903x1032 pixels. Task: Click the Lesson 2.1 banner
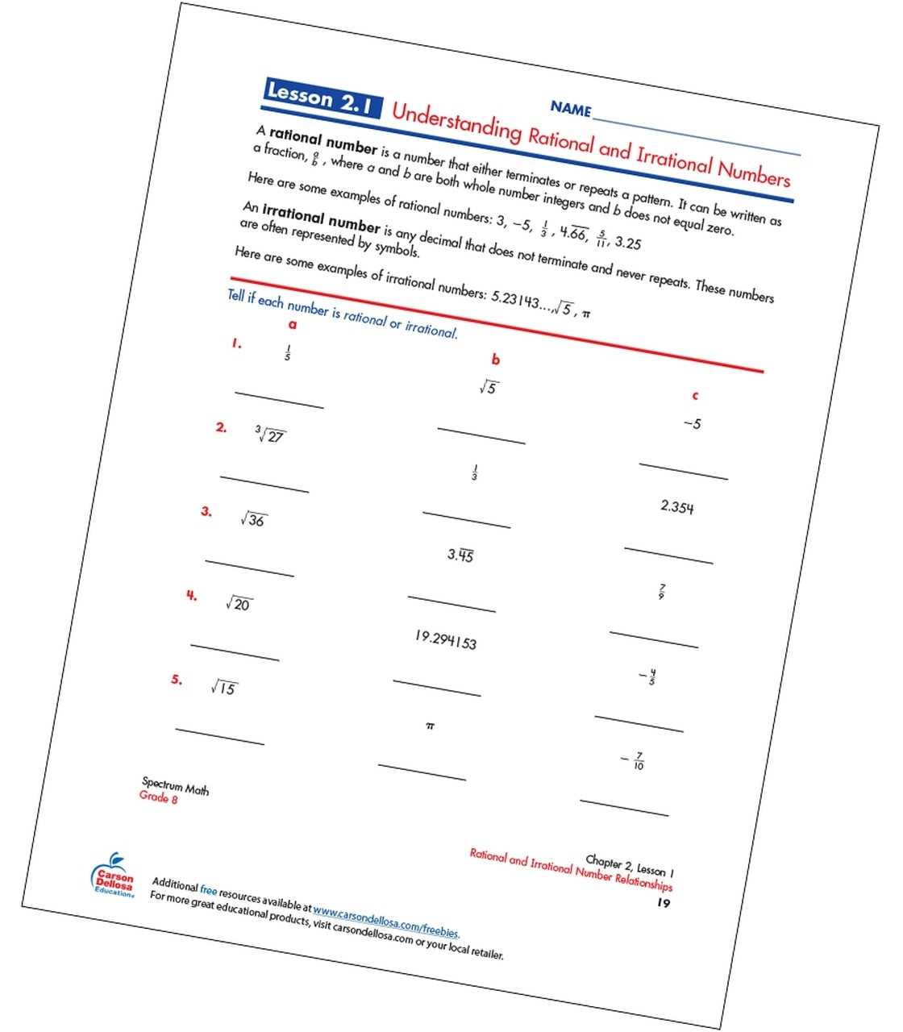[x=322, y=98]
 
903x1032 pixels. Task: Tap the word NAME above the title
[x=570, y=108]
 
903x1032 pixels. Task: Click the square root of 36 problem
[x=254, y=519]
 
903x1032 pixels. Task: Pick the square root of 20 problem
[x=239, y=603]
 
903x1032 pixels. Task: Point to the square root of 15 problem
[x=224, y=688]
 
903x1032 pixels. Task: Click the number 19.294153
[x=445, y=639]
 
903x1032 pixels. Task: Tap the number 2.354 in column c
[x=676, y=506]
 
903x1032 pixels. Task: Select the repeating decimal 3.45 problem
[x=460, y=555]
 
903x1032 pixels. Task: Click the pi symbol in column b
[x=430, y=726]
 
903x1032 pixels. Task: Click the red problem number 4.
[x=191, y=596]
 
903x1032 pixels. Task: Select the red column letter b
[x=496, y=360]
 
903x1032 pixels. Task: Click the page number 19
[x=663, y=902]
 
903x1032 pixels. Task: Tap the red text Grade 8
[x=158, y=797]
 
